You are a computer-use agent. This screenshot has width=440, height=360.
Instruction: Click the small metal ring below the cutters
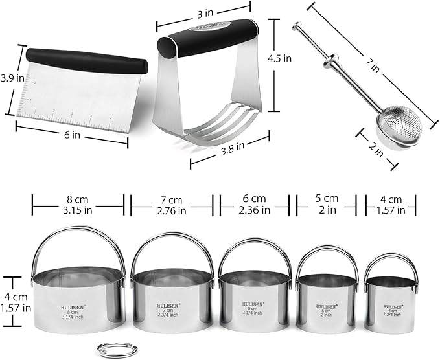(x=108, y=350)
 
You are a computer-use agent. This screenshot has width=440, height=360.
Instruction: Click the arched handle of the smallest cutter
(x=391, y=260)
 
